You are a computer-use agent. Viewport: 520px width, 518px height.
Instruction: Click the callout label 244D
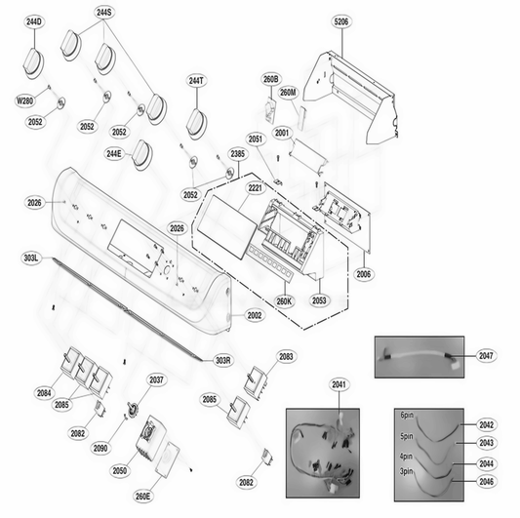pyautogui.click(x=34, y=20)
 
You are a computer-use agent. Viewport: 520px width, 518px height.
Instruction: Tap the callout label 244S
pyautogui.click(x=104, y=13)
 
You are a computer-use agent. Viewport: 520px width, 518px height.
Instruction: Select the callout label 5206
pyautogui.click(x=340, y=20)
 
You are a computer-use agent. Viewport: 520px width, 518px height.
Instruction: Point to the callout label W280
pyautogui.click(x=25, y=100)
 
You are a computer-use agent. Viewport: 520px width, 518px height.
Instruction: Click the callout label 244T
pyautogui.click(x=197, y=81)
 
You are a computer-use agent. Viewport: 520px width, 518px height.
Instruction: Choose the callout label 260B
pyautogui.click(x=270, y=78)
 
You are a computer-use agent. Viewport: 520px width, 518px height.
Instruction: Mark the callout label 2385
pyautogui.click(x=238, y=154)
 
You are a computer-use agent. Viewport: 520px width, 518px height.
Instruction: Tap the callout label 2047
pyautogui.click(x=485, y=357)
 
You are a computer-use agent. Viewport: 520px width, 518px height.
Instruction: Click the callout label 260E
pyautogui.click(x=142, y=497)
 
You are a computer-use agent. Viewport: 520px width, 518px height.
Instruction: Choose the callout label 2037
pyautogui.click(x=156, y=379)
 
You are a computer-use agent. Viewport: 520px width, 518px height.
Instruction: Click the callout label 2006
pyautogui.click(x=363, y=276)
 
